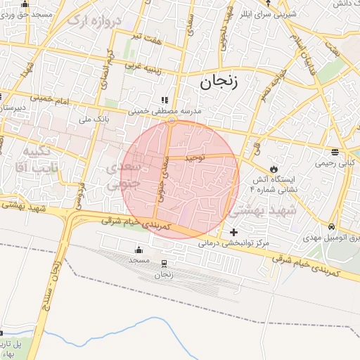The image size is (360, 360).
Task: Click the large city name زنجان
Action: coord(220,82)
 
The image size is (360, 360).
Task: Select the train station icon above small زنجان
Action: coord(165,263)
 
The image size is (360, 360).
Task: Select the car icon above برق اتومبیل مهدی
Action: coord(331,226)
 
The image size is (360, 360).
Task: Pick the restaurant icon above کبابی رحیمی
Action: coord(335,152)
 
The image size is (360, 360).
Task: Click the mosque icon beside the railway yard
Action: coord(139,249)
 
